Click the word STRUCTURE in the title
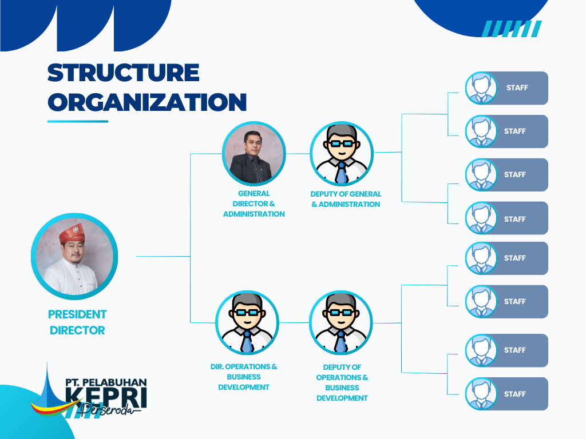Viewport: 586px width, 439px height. pos(124,73)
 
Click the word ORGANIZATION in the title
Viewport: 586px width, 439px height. pos(147,102)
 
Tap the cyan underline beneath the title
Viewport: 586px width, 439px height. pos(78,121)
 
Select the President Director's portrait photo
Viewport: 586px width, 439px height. pos(74,257)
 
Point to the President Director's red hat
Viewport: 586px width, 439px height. pos(72,234)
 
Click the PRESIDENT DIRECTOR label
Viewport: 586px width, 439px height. pos(77,322)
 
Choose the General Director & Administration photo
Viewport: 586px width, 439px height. pos(254,153)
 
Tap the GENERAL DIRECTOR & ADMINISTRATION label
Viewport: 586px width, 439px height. pos(254,204)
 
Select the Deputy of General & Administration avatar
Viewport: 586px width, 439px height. pos(342,153)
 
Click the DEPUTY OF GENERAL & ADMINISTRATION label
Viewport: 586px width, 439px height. pos(346,199)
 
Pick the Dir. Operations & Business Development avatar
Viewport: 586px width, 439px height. pos(247,322)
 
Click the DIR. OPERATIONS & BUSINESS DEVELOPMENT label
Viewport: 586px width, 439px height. pos(244,377)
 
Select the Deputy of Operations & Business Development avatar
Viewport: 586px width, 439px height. pos(341,322)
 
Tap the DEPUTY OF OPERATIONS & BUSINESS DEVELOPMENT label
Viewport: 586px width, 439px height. pos(342,382)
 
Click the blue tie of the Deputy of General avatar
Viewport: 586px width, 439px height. pos(341,173)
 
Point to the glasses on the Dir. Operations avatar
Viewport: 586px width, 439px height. pos(247,313)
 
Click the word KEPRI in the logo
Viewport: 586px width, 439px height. pos(106,397)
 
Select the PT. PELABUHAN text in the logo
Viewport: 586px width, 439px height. pos(106,382)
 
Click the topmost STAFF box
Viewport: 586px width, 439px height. pos(507,88)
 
